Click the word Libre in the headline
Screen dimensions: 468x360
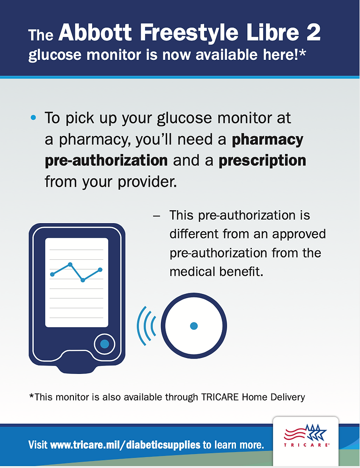pyautogui.click(x=270, y=34)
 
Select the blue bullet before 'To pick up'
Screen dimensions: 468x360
pyautogui.click(x=33, y=118)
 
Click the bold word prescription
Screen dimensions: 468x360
pyautogui.click(x=262, y=161)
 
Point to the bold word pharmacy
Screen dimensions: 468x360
pyautogui.click(x=268, y=139)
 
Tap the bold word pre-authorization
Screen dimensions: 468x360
pyautogui.click(x=106, y=161)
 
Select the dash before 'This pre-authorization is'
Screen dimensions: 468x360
pyautogui.click(x=157, y=216)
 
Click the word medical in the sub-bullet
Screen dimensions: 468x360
pyautogui.click(x=191, y=271)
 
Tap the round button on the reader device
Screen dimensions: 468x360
pyautogui.click(x=104, y=344)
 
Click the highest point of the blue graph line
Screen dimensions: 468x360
pyautogui.click(x=70, y=264)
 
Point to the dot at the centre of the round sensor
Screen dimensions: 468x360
pyautogui.click(x=194, y=326)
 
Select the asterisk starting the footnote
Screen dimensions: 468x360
pyautogui.click(x=31, y=396)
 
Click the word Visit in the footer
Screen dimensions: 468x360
pyautogui.click(x=38, y=444)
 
